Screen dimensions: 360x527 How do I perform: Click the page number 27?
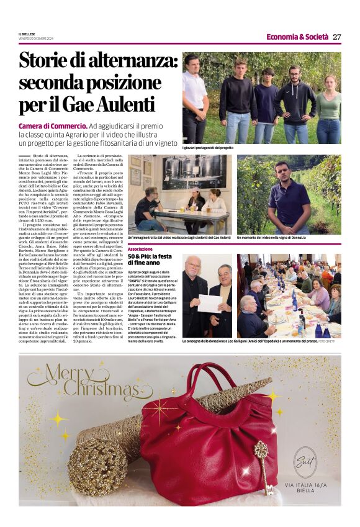[336, 37]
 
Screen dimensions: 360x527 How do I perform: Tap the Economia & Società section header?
[297, 37]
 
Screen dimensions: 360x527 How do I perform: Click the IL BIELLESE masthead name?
[27, 34]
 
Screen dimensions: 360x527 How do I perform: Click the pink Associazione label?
[140, 249]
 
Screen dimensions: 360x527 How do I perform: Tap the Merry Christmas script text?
[81, 382]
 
